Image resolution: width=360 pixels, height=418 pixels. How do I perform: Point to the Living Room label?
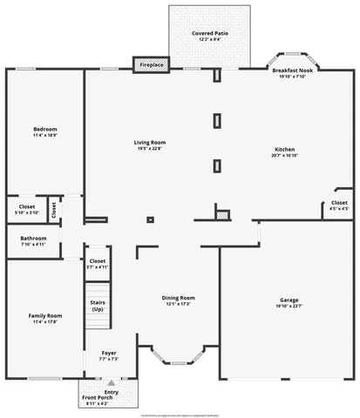point(150,142)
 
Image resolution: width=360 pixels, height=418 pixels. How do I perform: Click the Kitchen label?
point(287,148)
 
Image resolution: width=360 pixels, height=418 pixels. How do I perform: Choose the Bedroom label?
point(44,129)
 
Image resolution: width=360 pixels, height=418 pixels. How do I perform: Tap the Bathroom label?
point(33,238)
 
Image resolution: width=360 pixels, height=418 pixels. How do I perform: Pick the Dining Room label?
point(178,298)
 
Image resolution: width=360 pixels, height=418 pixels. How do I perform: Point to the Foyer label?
point(109,353)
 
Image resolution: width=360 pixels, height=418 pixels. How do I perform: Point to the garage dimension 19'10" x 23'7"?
point(289,306)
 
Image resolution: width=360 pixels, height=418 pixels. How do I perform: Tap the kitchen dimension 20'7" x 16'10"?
point(287,155)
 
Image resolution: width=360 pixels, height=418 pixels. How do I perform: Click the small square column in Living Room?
point(150,219)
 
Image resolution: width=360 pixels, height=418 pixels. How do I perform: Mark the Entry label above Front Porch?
point(111,392)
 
